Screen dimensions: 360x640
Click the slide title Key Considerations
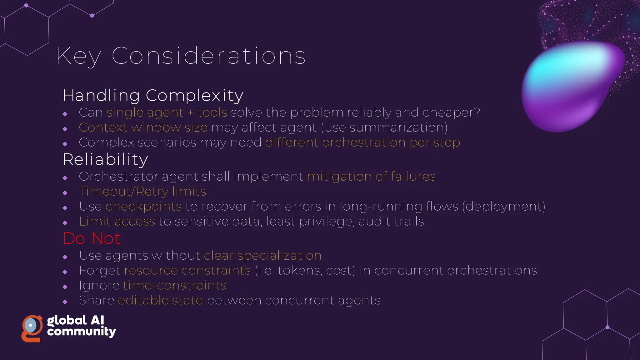click(181, 56)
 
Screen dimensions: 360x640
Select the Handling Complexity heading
click(153, 96)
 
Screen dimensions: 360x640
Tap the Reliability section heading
click(105, 160)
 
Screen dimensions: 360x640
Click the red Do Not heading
click(92, 239)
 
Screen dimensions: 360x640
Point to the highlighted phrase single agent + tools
click(167, 112)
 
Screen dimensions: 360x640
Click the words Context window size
click(143, 127)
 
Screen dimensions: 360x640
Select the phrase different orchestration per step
click(362, 142)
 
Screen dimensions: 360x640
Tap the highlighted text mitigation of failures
click(371, 177)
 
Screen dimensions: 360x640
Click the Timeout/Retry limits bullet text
click(142, 192)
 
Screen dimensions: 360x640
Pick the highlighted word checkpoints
click(143, 207)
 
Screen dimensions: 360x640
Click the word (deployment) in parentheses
click(503, 207)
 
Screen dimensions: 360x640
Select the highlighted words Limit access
click(117, 222)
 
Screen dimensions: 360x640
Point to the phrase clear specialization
click(262, 256)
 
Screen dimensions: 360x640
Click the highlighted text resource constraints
click(187, 271)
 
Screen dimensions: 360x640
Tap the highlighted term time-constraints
click(175, 286)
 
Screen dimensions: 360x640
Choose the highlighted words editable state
click(160, 301)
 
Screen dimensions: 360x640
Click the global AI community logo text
click(81, 326)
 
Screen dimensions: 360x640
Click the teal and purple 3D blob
click(572, 86)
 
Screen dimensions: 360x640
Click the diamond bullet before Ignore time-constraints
click(65, 287)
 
